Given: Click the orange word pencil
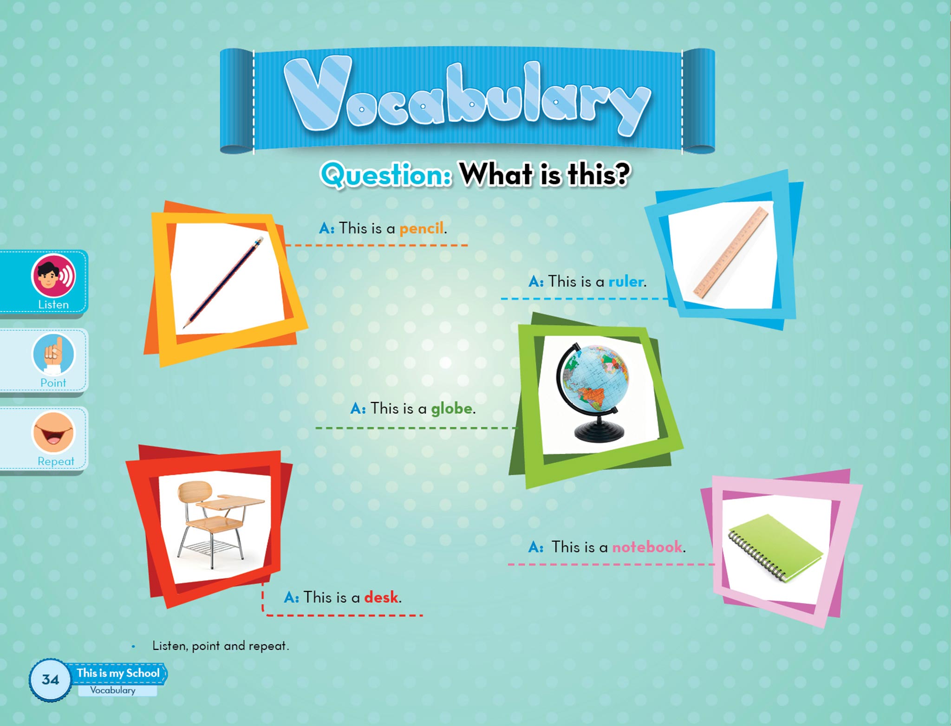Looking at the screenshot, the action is (421, 228).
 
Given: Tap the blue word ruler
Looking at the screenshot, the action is (626, 281).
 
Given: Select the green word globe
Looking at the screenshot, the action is (452, 408).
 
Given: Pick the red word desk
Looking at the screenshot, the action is (381, 597).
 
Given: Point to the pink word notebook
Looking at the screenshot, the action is (647, 547).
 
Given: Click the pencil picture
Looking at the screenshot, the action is (223, 282).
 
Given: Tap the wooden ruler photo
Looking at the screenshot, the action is (731, 252).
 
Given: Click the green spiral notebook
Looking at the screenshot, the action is (775, 548).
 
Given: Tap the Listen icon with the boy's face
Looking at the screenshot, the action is (53, 276).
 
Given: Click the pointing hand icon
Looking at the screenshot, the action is (53, 354).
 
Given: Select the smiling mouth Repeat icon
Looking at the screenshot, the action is (53, 432).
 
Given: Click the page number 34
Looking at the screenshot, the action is (50, 680).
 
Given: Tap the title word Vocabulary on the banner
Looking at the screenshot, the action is (467, 96).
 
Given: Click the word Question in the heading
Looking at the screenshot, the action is (386, 175).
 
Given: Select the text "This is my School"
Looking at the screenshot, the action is (118, 673).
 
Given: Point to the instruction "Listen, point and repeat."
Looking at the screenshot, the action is (221, 646).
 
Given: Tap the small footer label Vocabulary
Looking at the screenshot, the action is (113, 690).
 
